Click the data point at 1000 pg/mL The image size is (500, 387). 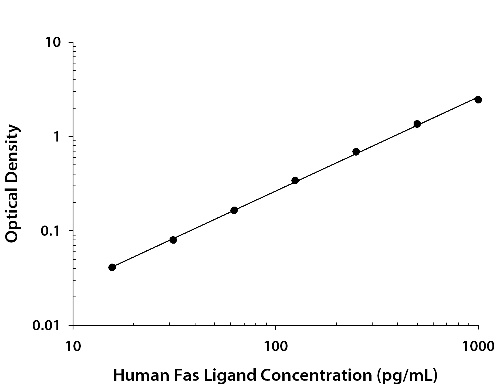click(478, 100)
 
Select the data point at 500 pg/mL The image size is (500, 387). click(417, 124)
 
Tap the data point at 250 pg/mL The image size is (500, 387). click(356, 152)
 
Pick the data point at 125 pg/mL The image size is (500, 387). click(295, 180)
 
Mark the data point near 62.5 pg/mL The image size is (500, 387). click(234, 210)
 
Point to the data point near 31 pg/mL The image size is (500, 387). click(173, 240)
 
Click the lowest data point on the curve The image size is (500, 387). click(112, 267)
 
